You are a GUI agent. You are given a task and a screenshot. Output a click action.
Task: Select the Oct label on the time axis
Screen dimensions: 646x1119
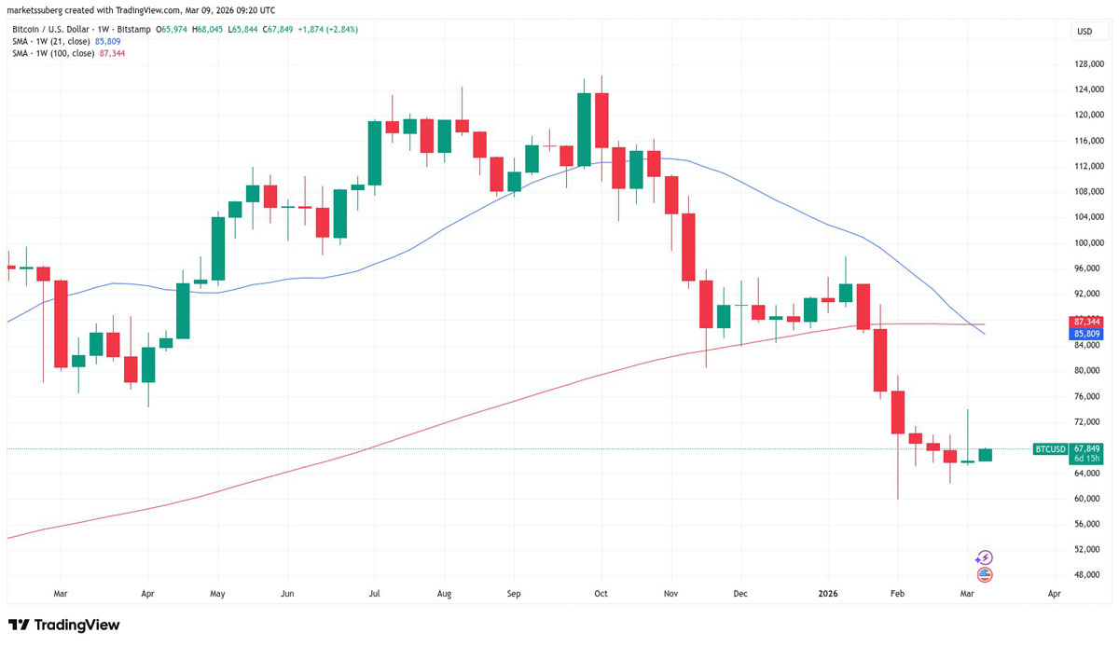(601, 593)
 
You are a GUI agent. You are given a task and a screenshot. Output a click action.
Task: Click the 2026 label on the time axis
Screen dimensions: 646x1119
(829, 593)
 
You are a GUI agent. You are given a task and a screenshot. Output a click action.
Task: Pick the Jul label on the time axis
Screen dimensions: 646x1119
(374, 593)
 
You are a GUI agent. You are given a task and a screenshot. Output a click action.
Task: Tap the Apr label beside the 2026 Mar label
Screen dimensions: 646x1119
(1054, 593)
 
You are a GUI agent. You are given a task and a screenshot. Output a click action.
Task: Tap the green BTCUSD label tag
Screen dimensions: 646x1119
(1050, 449)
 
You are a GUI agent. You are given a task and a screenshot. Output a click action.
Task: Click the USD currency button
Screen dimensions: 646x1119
(1084, 31)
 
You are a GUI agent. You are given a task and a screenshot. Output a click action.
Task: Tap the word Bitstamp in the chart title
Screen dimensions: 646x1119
(133, 30)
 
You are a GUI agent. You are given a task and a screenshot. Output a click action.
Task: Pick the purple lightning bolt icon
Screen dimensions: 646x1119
(985, 558)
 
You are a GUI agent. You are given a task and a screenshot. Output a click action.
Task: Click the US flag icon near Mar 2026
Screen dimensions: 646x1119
(985, 575)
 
